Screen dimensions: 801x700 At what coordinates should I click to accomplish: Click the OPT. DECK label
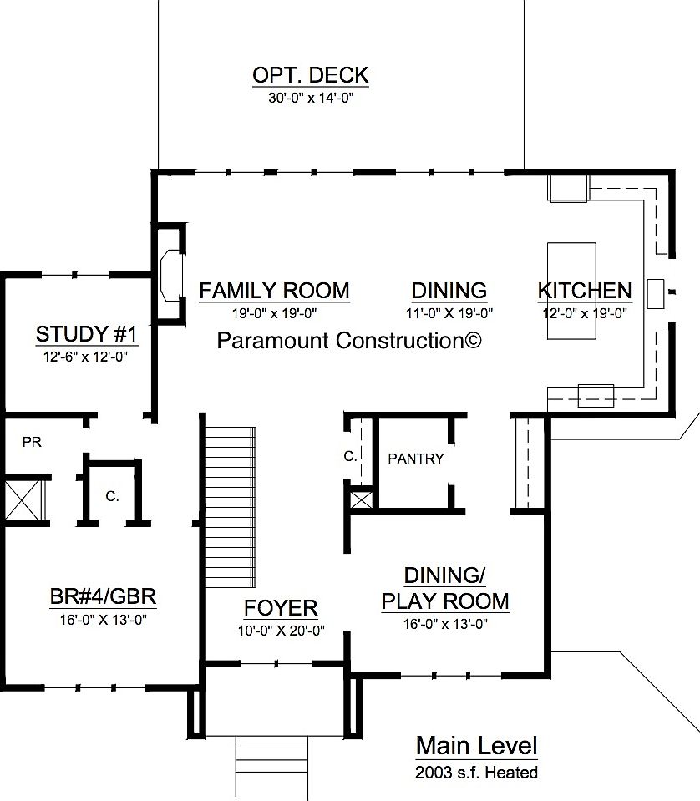(x=310, y=75)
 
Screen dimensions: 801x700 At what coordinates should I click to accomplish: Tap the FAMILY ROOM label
(x=274, y=291)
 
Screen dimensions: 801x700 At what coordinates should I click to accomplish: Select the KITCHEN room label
(x=585, y=291)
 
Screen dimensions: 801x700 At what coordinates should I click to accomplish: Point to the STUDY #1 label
(x=86, y=335)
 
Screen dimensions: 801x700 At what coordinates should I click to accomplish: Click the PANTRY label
(x=416, y=459)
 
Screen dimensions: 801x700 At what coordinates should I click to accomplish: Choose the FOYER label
(x=281, y=608)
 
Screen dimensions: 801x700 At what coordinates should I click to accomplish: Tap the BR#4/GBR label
(x=104, y=597)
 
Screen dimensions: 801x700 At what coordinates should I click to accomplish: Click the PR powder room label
(x=32, y=442)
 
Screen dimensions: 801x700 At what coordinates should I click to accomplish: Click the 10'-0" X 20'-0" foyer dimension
(x=281, y=631)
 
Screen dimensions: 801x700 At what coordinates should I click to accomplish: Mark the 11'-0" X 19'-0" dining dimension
(x=449, y=313)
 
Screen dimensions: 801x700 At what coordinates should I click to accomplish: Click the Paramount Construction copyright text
(x=349, y=340)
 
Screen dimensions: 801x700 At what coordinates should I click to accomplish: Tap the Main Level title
(x=476, y=745)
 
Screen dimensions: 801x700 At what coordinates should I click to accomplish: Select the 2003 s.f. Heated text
(x=476, y=773)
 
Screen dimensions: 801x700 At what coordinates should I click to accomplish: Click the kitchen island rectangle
(x=571, y=291)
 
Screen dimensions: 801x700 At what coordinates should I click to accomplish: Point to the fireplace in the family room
(x=168, y=273)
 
